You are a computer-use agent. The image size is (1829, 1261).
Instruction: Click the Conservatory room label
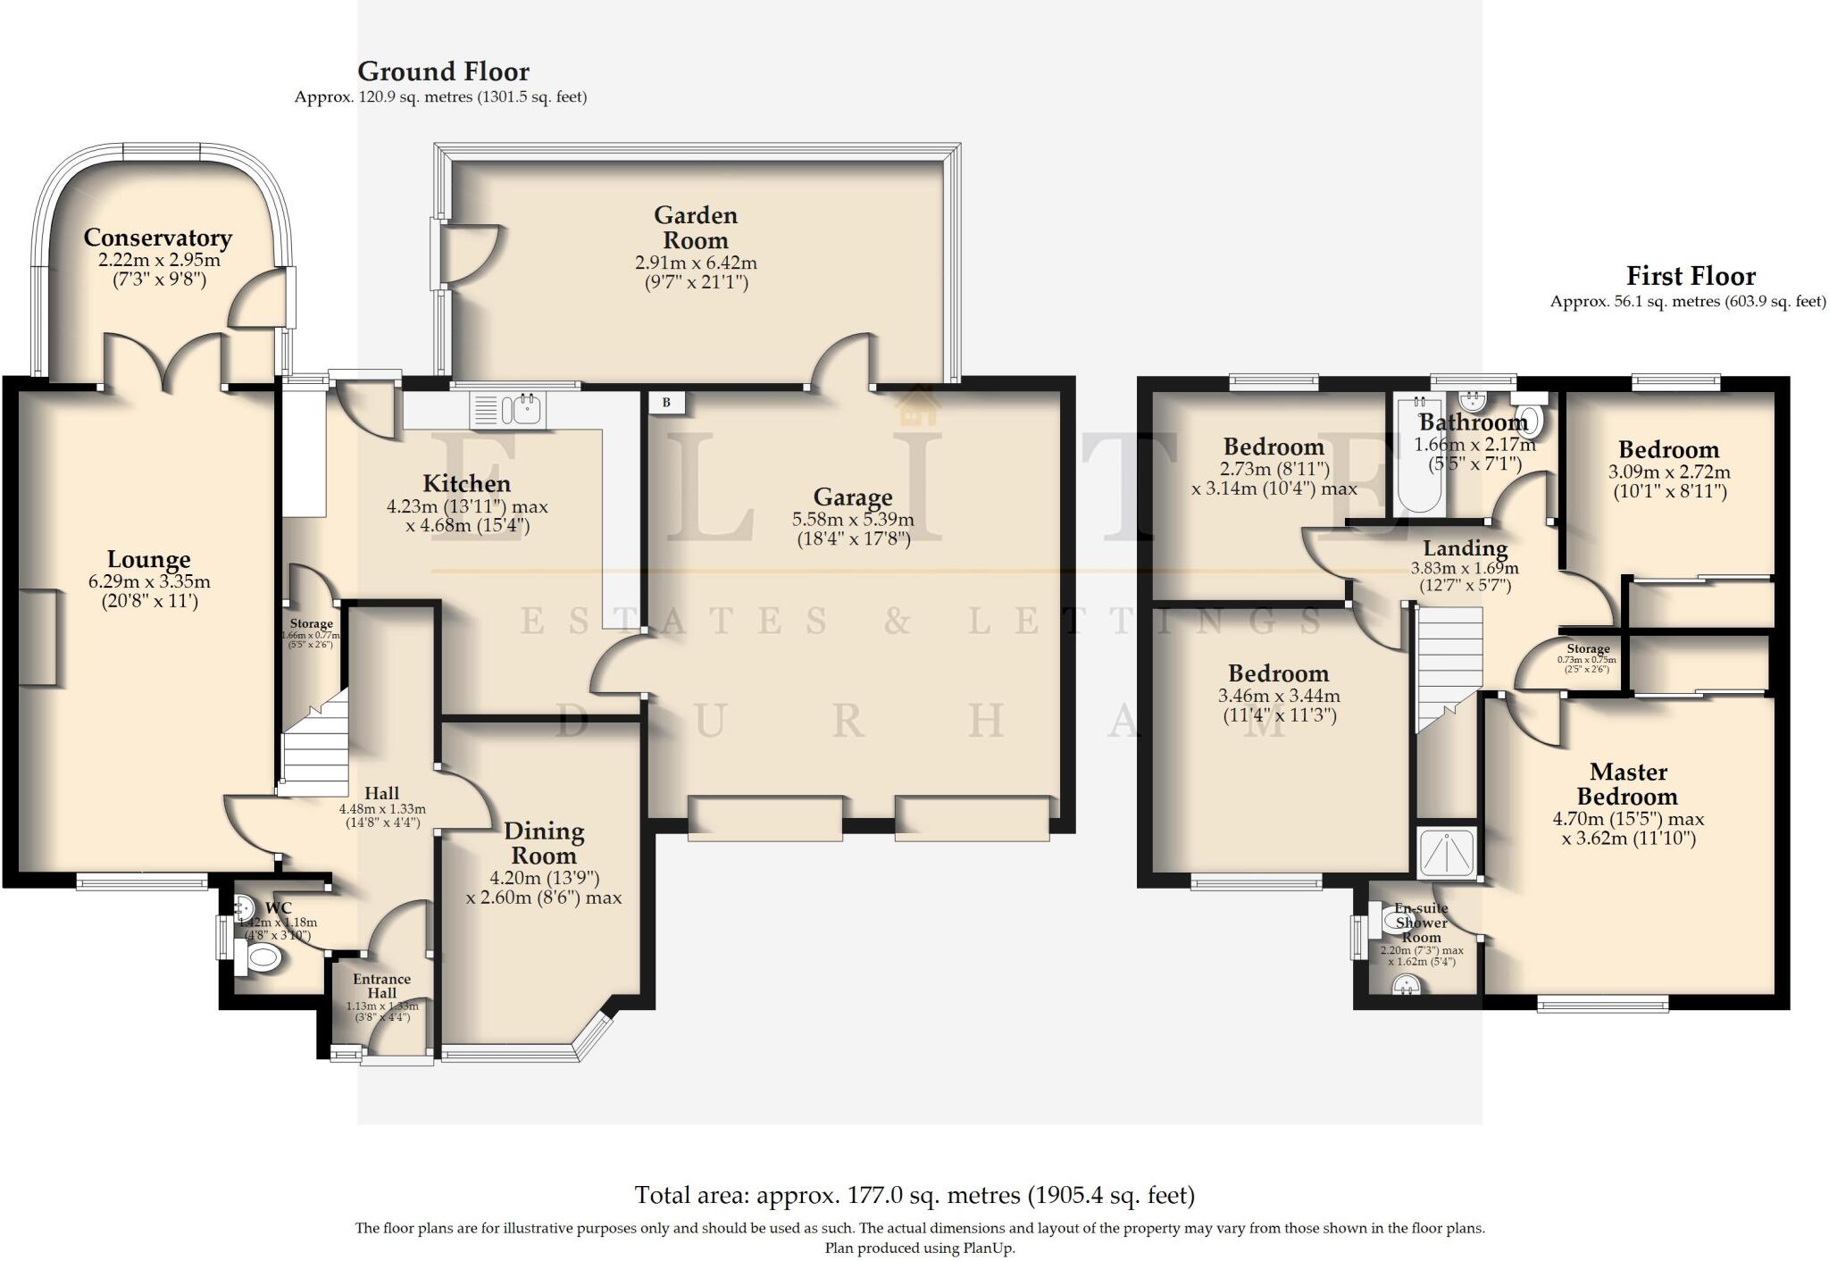[x=157, y=238]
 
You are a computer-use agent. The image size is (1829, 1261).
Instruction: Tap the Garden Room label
[x=695, y=228]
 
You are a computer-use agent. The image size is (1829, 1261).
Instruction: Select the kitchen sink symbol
[x=509, y=410]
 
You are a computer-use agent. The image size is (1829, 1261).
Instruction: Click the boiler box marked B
[x=666, y=403]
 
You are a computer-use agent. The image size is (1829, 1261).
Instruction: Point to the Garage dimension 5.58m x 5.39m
[x=852, y=520]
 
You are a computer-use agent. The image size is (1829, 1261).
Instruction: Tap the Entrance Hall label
[x=381, y=986]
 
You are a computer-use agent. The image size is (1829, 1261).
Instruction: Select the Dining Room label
[x=543, y=843]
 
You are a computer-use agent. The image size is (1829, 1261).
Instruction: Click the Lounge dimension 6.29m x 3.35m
[x=148, y=582]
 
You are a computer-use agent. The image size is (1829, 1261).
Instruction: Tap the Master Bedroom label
[x=1627, y=783]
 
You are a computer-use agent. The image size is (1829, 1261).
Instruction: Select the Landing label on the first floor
[x=1465, y=548]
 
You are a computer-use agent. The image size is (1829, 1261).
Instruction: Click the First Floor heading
[x=1690, y=276]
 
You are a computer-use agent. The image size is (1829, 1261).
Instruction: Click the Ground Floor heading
[x=443, y=71]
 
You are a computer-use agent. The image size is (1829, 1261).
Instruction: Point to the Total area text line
[x=914, y=1195]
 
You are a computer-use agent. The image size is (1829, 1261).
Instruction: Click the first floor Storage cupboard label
[x=1587, y=649]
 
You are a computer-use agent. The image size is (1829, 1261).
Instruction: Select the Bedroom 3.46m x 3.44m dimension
[x=1278, y=696]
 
